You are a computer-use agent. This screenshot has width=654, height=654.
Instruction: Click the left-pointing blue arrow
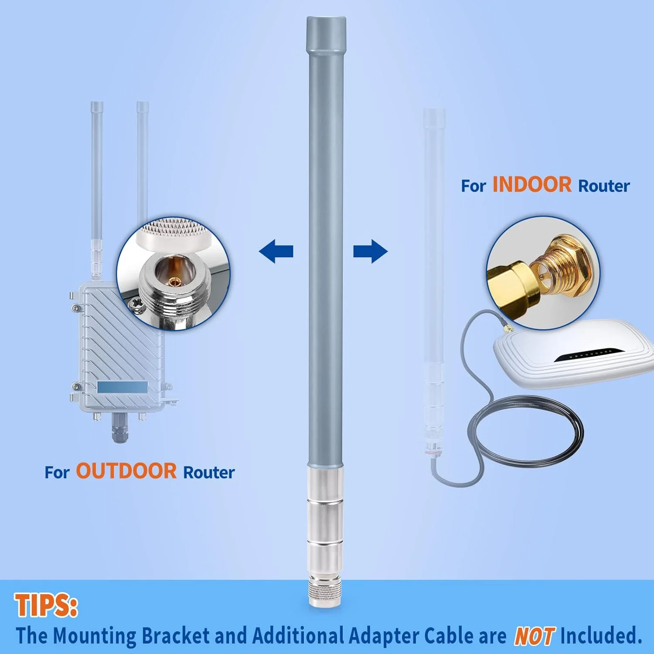click(x=276, y=251)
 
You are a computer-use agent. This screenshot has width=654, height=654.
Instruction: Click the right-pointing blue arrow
click(x=371, y=251)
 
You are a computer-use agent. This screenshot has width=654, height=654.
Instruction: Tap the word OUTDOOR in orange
click(x=126, y=471)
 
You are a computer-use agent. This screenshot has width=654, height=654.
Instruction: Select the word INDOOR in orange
click(x=532, y=185)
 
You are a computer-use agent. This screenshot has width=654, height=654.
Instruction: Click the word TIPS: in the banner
click(x=46, y=605)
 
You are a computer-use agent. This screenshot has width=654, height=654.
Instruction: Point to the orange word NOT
click(x=535, y=636)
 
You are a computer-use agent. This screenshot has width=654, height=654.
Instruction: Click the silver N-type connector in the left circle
click(x=174, y=283)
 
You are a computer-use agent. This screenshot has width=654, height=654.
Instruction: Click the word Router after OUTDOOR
click(x=209, y=473)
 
